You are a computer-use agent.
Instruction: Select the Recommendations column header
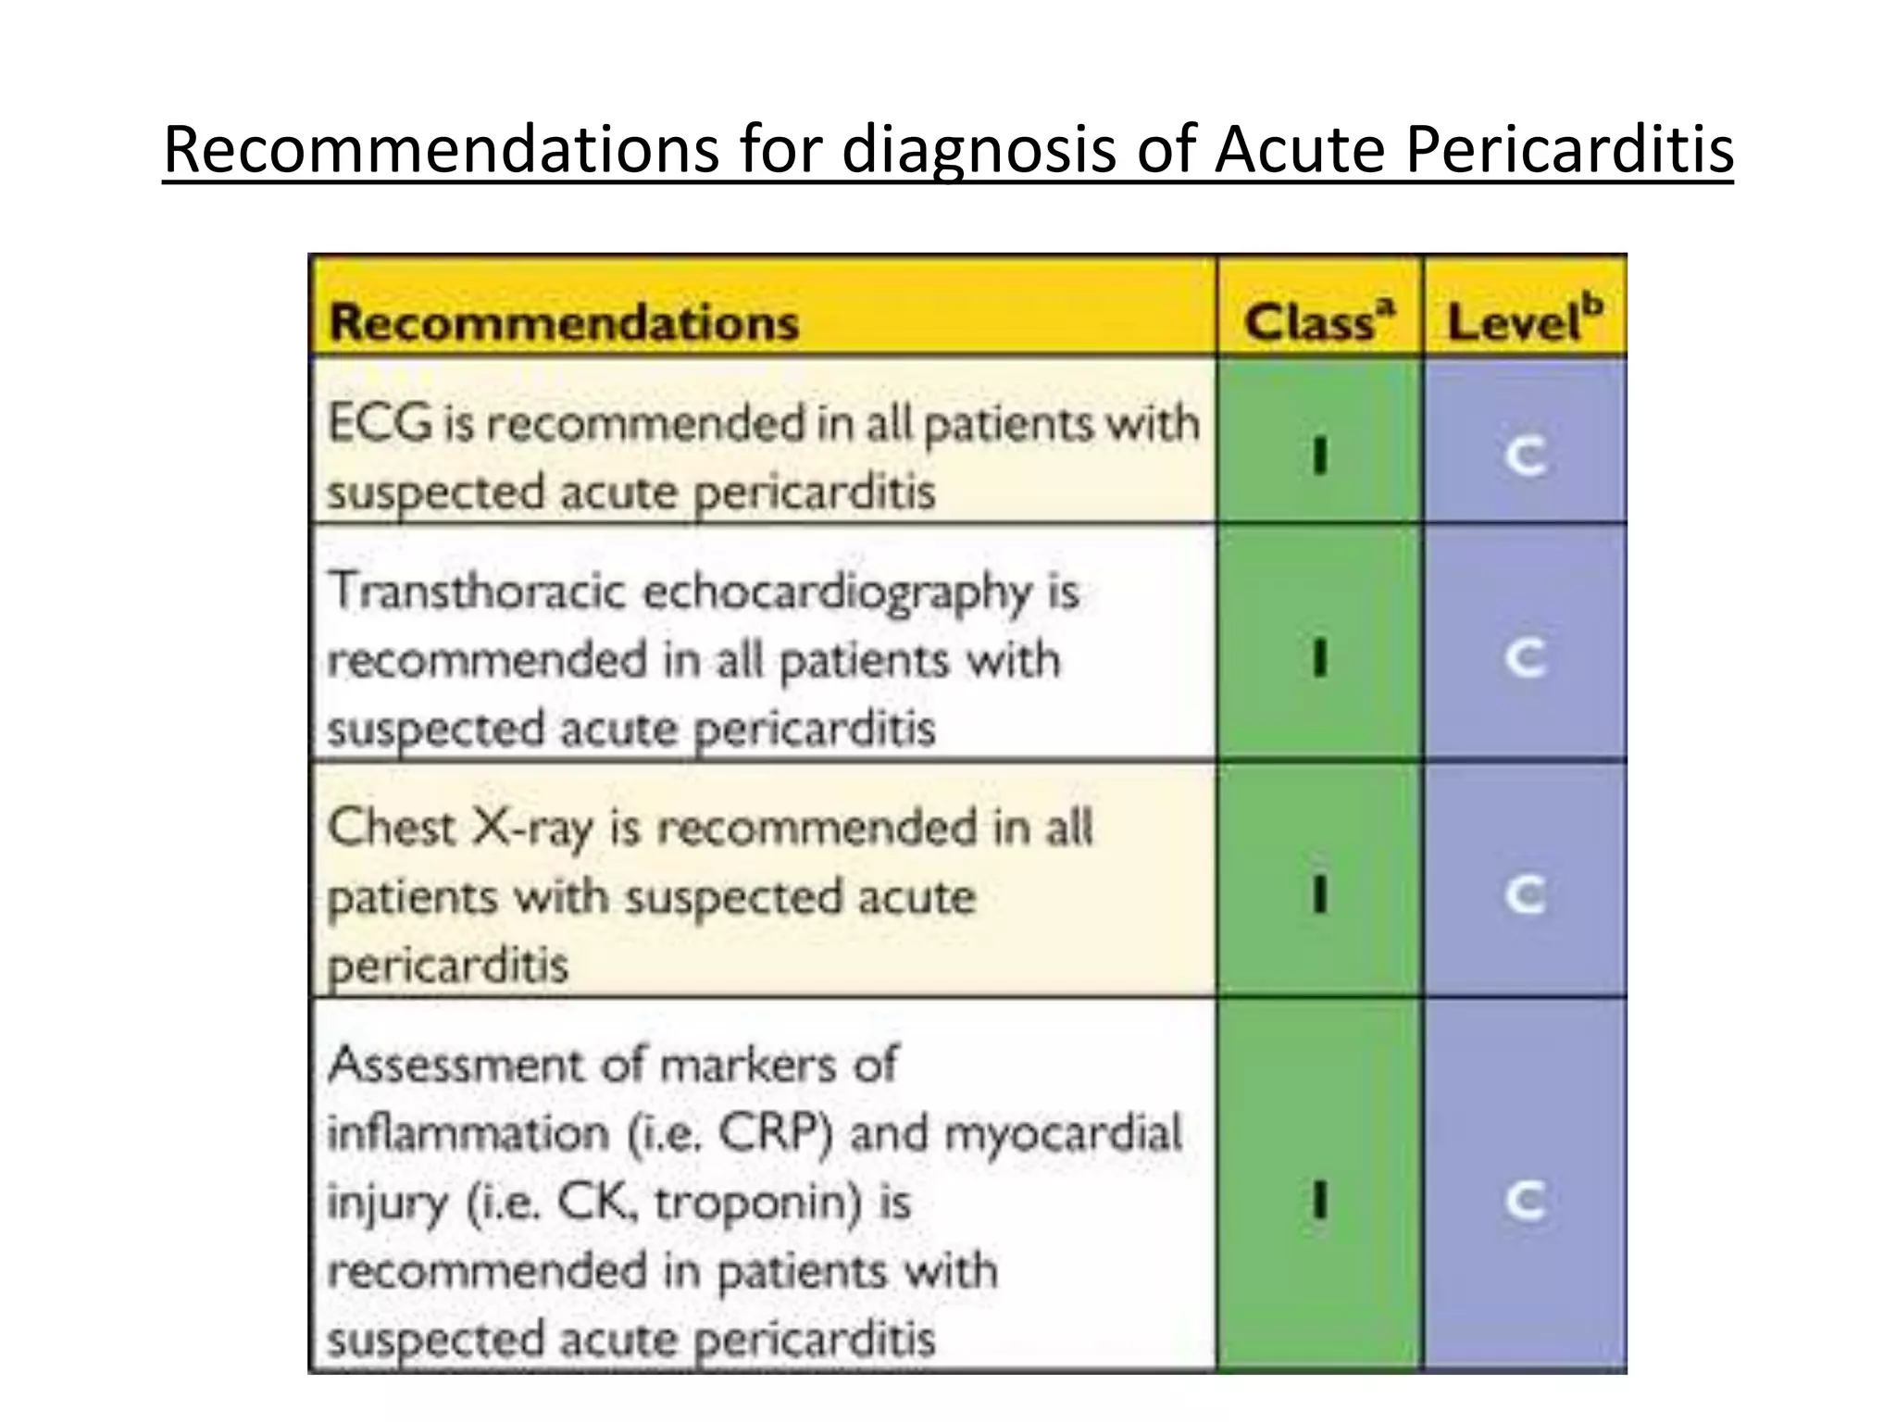(x=564, y=323)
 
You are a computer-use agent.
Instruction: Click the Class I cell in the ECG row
(x=1320, y=455)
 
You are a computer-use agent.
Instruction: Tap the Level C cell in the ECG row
(x=1525, y=455)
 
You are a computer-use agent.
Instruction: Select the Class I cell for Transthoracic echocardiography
(x=1320, y=658)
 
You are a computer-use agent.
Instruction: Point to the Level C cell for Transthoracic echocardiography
(x=1525, y=658)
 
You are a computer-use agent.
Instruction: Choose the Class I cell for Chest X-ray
(x=1320, y=894)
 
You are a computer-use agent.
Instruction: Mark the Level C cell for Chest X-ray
(x=1525, y=894)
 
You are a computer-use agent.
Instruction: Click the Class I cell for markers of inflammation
(x=1320, y=1201)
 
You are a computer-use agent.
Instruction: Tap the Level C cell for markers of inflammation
(x=1525, y=1201)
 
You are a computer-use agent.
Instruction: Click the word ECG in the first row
(x=380, y=424)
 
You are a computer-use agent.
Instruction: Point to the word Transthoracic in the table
(x=478, y=591)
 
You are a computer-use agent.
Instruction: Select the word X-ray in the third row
(x=532, y=829)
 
